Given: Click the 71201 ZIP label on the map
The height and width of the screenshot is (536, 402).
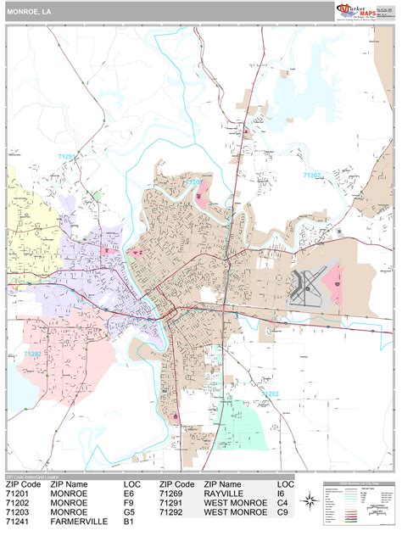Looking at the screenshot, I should (194, 181).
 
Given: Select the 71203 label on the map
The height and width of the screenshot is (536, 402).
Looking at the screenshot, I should (313, 176).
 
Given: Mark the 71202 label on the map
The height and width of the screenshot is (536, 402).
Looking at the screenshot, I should (270, 394).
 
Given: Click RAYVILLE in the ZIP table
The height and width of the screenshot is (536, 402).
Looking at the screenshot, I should (224, 492).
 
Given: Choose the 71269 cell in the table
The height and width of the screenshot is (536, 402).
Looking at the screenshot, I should (175, 492).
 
